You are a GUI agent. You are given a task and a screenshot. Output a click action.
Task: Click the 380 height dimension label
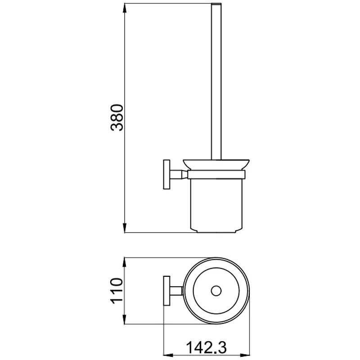[117, 117]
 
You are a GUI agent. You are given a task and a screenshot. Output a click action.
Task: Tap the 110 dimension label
[117, 291]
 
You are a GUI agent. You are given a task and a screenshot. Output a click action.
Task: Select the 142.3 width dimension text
[206, 347]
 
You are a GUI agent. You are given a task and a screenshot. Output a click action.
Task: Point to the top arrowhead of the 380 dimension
[125, 8]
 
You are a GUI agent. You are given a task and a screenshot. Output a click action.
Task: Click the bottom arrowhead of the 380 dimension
[125, 228]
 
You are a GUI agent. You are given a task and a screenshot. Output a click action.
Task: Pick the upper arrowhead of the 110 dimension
[125, 262]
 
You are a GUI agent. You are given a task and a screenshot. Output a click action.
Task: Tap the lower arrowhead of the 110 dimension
[125, 319]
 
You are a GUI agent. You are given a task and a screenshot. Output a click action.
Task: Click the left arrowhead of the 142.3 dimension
[168, 355]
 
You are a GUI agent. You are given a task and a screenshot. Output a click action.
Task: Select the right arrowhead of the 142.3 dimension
[244, 355]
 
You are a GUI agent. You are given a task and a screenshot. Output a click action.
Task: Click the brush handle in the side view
[216, 81]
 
